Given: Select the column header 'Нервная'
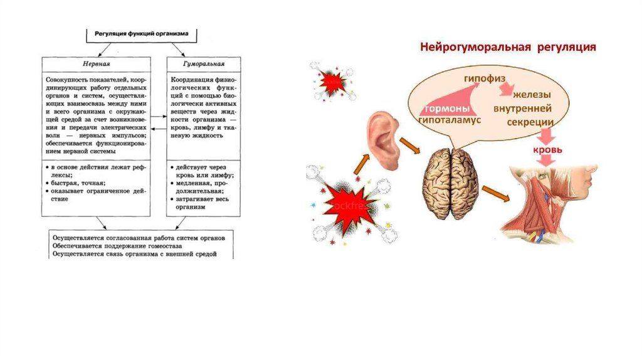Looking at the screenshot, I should pos(96,64).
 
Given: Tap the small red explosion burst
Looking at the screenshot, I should pos(332,82).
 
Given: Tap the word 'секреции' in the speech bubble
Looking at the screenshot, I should pos(530,123).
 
